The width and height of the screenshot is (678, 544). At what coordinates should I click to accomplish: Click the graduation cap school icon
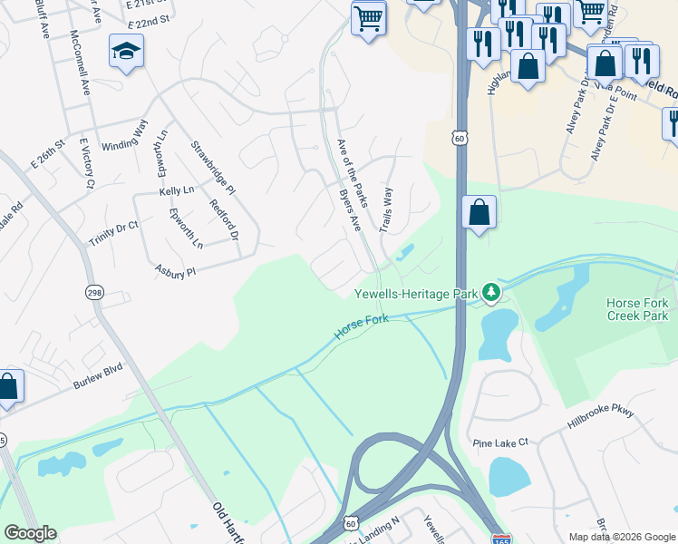pos(127,52)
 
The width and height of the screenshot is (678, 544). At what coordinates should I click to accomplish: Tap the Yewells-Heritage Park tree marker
pos(491,292)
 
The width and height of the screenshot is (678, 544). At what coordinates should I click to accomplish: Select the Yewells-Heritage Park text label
pos(416,293)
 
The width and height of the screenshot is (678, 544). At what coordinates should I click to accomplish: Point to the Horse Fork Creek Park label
pos(637,309)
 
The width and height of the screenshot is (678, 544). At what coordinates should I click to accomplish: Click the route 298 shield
pos(94,292)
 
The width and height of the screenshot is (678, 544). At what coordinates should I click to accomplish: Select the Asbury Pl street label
pos(176,270)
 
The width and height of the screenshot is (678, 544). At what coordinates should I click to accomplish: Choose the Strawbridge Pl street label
pos(212,167)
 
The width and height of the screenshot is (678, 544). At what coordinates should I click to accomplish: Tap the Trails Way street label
pos(387,209)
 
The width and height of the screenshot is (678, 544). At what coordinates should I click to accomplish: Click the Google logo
pos(30,533)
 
